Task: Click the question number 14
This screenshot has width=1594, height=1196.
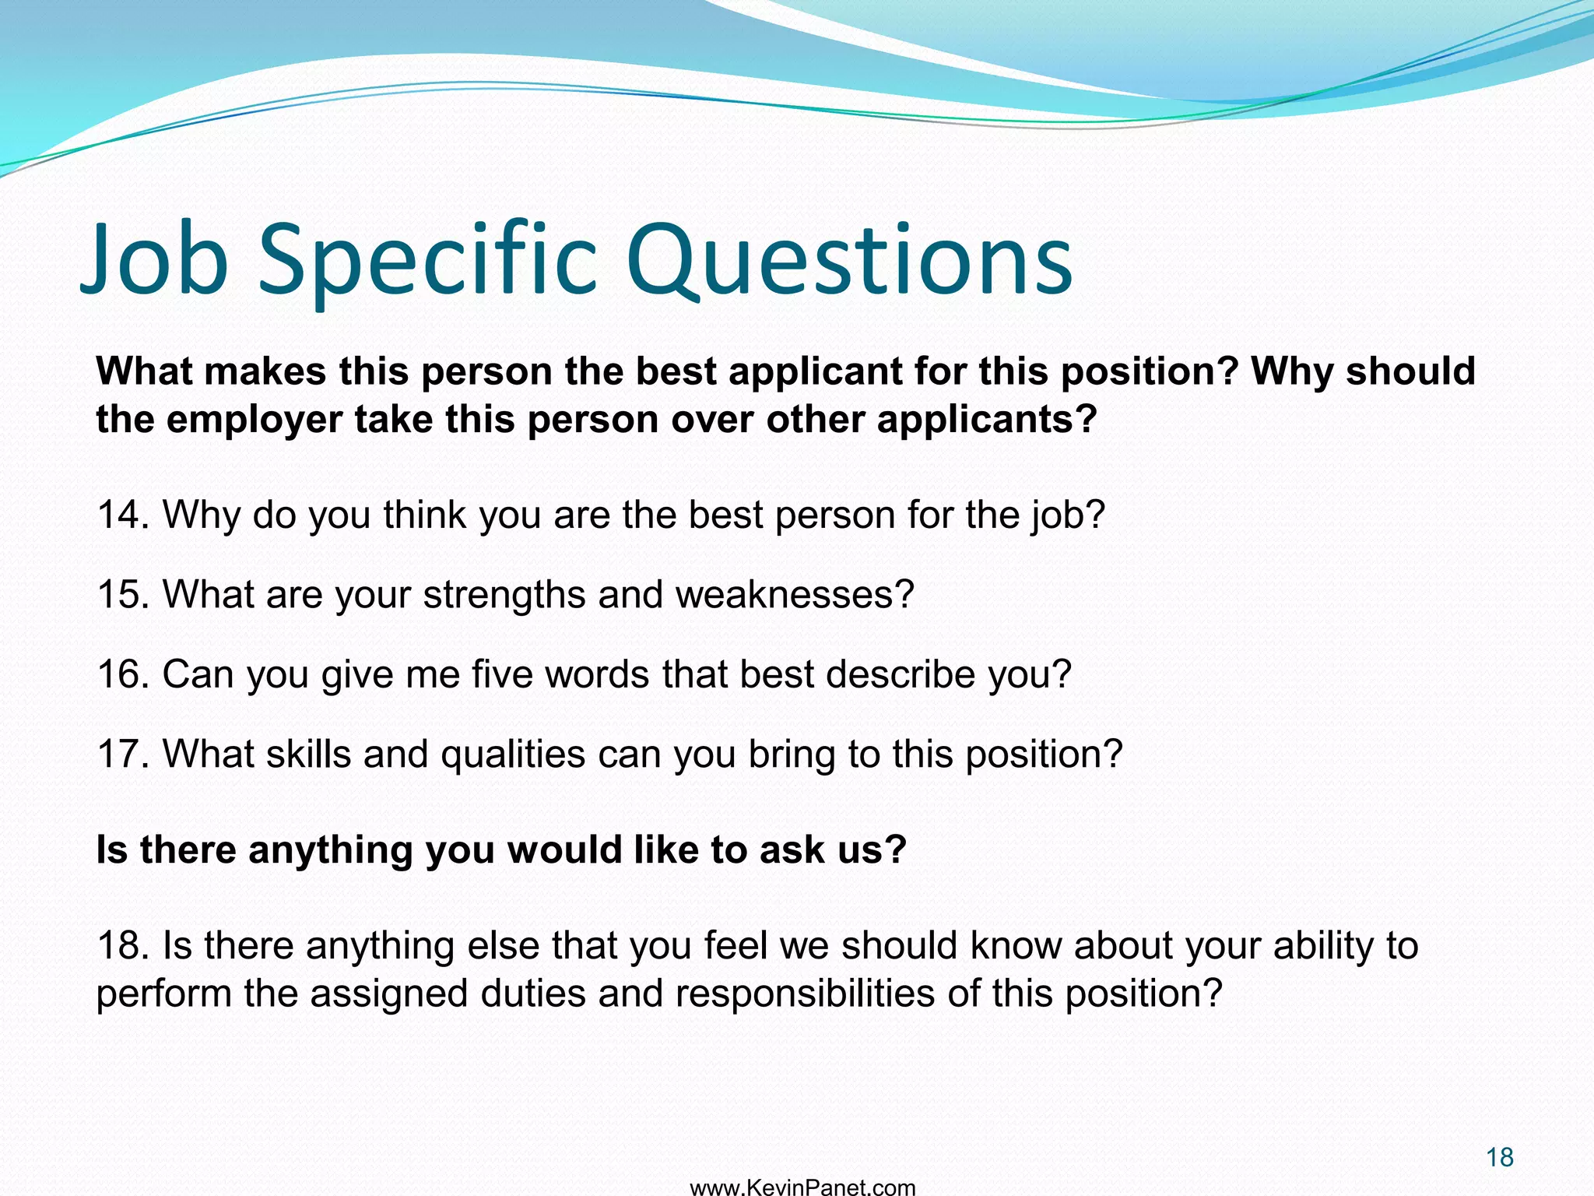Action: tap(122, 515)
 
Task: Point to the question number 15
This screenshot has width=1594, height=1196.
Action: tap(122, 595)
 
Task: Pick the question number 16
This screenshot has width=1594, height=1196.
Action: tap(122, 674)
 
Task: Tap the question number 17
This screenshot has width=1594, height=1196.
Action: tap(122, 755)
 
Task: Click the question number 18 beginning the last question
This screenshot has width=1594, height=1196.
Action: tap(122, 946)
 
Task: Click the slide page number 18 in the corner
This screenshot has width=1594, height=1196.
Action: tap(1499, 1158)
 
